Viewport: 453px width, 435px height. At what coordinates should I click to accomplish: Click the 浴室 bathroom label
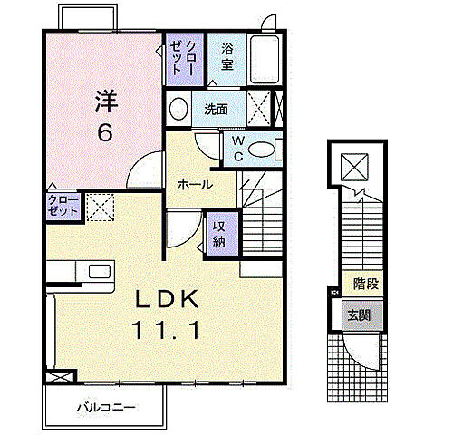click(227, 57)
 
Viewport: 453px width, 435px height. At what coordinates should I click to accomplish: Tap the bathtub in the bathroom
click(265, 59)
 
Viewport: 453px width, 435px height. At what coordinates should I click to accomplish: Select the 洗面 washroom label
click(216, 110)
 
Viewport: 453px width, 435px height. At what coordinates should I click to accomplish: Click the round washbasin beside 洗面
click(178, 109)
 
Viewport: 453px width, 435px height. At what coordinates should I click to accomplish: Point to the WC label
click(238, 149)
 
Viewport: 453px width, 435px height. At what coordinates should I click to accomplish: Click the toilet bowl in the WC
click(261, 150)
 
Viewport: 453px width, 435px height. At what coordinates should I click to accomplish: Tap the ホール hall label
click(195, 184)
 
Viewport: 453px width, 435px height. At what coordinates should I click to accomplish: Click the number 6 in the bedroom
click(105, 133)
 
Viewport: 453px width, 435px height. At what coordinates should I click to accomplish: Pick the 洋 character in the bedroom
click(106, 101)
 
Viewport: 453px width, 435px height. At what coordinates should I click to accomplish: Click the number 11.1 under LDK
click(166, 330)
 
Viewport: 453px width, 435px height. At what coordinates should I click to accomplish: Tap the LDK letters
click(167, 299)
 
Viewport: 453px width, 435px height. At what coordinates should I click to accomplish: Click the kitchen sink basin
click(100, 271)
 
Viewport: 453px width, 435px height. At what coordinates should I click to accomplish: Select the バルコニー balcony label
click(106, 408)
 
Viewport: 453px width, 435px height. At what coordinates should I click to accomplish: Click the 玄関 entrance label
click(359, 315)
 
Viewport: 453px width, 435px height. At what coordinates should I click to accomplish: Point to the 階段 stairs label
click(366, 284)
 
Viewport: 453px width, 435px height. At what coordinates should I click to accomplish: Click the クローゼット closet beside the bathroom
click(184, 59)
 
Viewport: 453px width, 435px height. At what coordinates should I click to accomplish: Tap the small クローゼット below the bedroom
click(63, 206)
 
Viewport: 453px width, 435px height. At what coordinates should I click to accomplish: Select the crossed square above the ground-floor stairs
click(354, 167)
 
